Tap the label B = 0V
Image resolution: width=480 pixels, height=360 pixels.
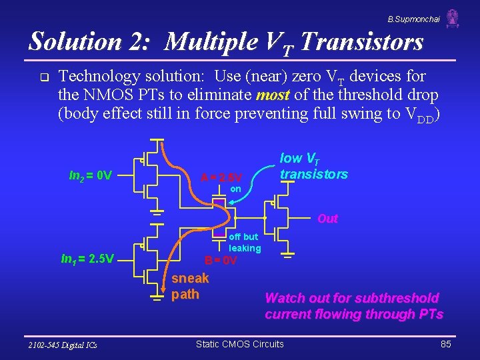(221, 260)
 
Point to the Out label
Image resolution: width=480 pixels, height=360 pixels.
(327, 219)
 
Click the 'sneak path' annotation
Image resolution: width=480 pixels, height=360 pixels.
(190, 286)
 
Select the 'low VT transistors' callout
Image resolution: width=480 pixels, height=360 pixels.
(313, 167)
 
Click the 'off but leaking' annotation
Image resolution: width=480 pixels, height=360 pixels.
(245, 243)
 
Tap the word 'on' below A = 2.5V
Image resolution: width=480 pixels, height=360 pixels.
(235, 189)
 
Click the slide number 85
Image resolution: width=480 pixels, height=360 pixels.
(446, 344)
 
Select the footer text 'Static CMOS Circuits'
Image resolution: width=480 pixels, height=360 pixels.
(239, 344)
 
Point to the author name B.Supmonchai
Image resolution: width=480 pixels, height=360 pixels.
(414, 19)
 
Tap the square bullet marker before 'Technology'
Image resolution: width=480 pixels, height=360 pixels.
(44, 77)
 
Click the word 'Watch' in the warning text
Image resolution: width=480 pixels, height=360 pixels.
(286, 298)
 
